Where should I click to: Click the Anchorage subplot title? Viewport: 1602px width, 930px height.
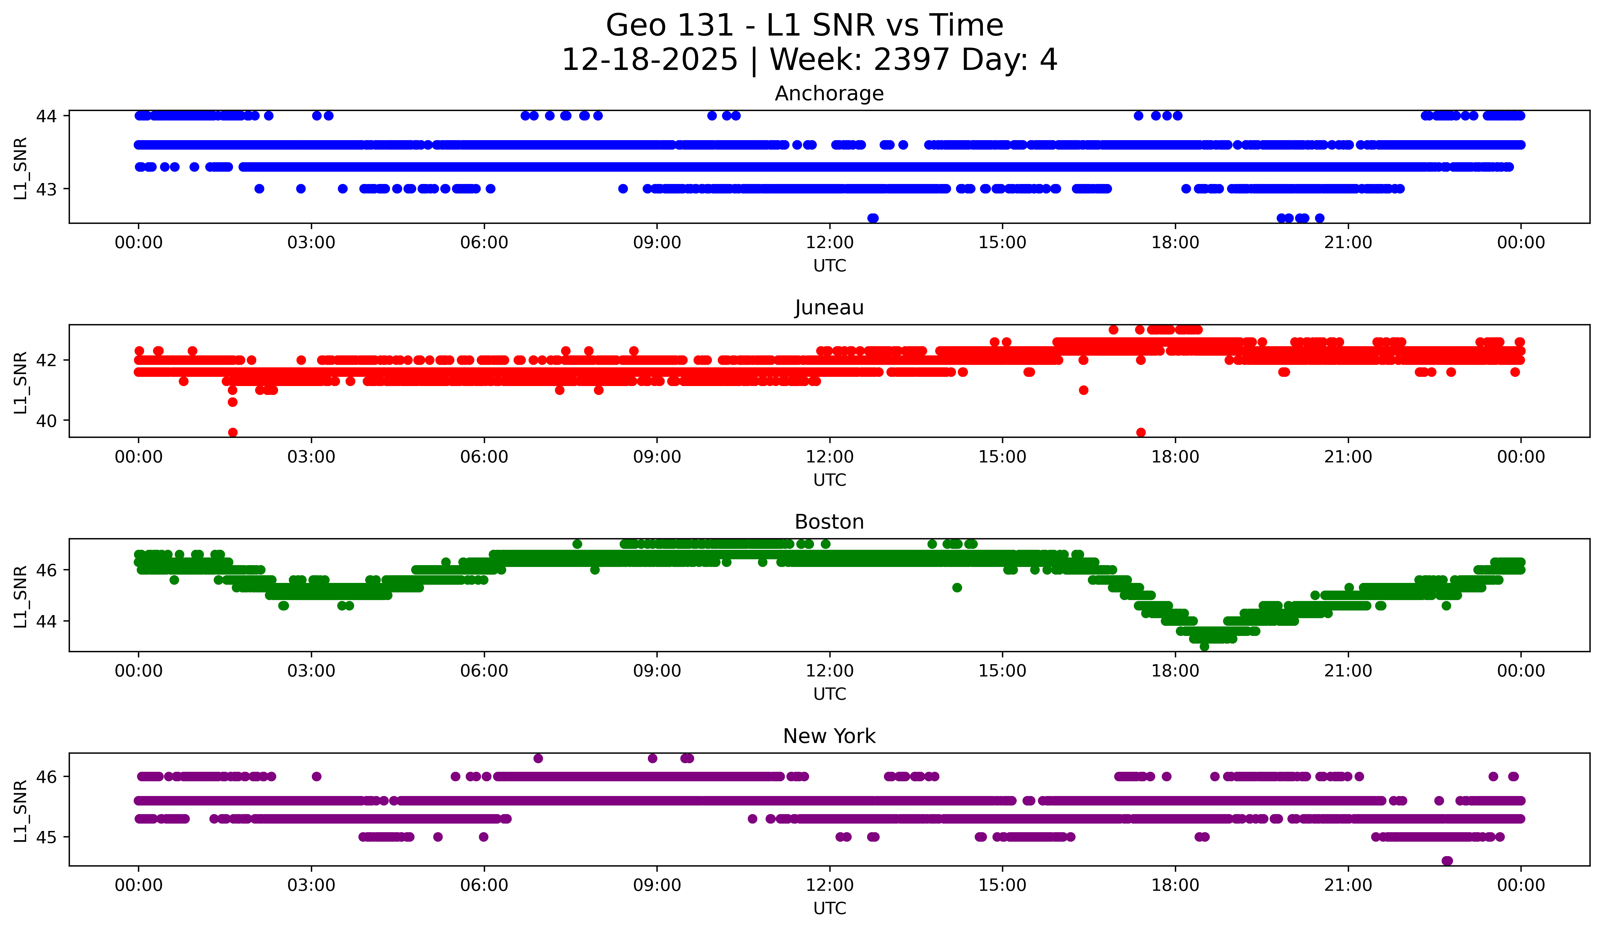click(829, 94)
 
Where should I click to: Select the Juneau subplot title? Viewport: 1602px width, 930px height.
click(829, 308)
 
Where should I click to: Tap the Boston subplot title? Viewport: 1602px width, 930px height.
click(829, 522)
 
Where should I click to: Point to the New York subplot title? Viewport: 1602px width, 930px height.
click(829, 736)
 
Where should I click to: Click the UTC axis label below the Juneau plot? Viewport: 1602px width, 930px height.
click(830, 480)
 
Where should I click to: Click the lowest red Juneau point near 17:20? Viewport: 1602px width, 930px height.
click(1141, 432)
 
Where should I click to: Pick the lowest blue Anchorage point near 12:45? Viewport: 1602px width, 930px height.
click(873, 218)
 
